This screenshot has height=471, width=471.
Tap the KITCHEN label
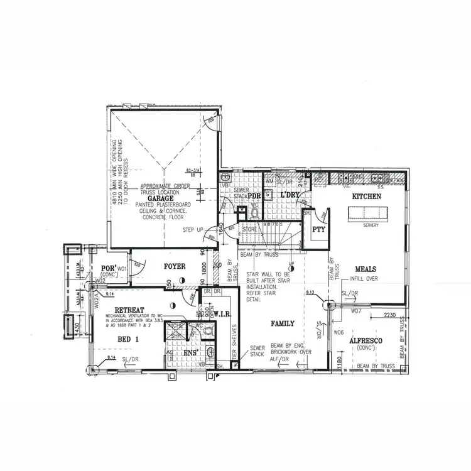tap(366, 197)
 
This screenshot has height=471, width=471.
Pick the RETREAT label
tap(130, 310)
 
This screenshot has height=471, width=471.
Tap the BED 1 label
tap(128, 339)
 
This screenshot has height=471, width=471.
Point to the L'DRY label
tap(290, 196)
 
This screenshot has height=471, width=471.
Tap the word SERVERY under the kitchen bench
tap(371, 224)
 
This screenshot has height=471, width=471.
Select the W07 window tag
tap(356, 311)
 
